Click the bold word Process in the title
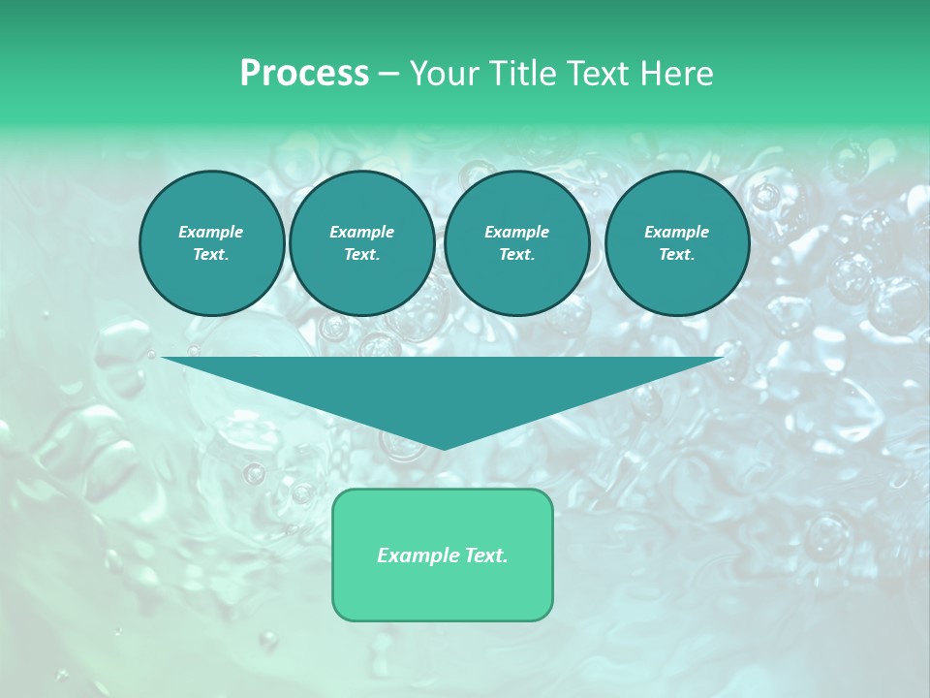[x=304, y=74]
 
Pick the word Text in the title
[x=600, y=74]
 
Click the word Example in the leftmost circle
[x=211, y=232]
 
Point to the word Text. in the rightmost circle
[x=676, y=255]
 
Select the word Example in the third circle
[x=516, y=232]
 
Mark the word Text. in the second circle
[x=361, y=255]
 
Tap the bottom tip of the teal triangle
[x=443, y=446]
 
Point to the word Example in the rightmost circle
[x=676, y=232]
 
